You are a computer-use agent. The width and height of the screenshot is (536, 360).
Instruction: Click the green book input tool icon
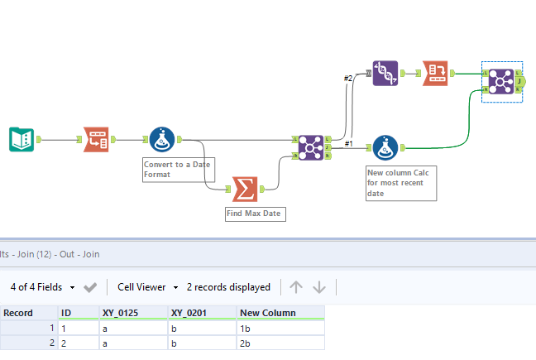[21, 140]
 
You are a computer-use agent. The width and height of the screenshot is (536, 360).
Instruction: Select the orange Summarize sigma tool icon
[244, 189]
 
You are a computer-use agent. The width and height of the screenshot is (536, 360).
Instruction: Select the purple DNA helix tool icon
[385, 73]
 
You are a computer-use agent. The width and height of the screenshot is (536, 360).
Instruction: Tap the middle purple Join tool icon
[310, 147]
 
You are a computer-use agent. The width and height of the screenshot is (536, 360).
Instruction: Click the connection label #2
[348, 79]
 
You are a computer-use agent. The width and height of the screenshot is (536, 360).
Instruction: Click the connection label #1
[348, 143]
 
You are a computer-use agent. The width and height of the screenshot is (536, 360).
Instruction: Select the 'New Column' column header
[261, 313]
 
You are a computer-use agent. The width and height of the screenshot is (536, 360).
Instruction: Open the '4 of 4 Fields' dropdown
[43, 287]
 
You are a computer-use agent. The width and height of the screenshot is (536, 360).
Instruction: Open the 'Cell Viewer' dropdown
[147, 287]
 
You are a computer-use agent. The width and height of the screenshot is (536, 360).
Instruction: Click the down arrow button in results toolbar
[319, 287]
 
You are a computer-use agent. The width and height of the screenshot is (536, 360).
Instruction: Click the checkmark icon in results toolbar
[90, 287]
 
